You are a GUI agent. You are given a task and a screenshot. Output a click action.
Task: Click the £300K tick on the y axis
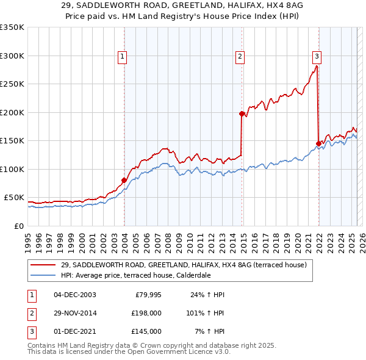coord(12,56)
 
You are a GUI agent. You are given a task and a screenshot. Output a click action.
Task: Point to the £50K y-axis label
coord(14,198)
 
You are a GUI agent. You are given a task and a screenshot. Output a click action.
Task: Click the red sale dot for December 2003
coord(124,180)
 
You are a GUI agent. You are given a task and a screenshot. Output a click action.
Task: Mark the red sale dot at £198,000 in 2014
coord(242,113)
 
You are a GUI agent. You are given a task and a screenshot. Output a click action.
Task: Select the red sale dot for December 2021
coord(318,143)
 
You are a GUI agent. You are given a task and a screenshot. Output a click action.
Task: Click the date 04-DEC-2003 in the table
coord(75,295)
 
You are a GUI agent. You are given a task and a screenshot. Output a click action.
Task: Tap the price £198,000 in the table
coord(146,313)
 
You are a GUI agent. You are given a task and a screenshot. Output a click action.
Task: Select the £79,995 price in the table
coord(148,295)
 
